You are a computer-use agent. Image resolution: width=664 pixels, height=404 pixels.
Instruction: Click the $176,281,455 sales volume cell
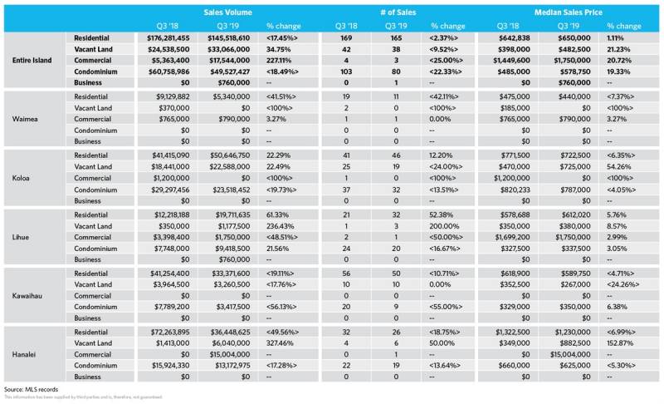pyautogui.click(x=168, y=37)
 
